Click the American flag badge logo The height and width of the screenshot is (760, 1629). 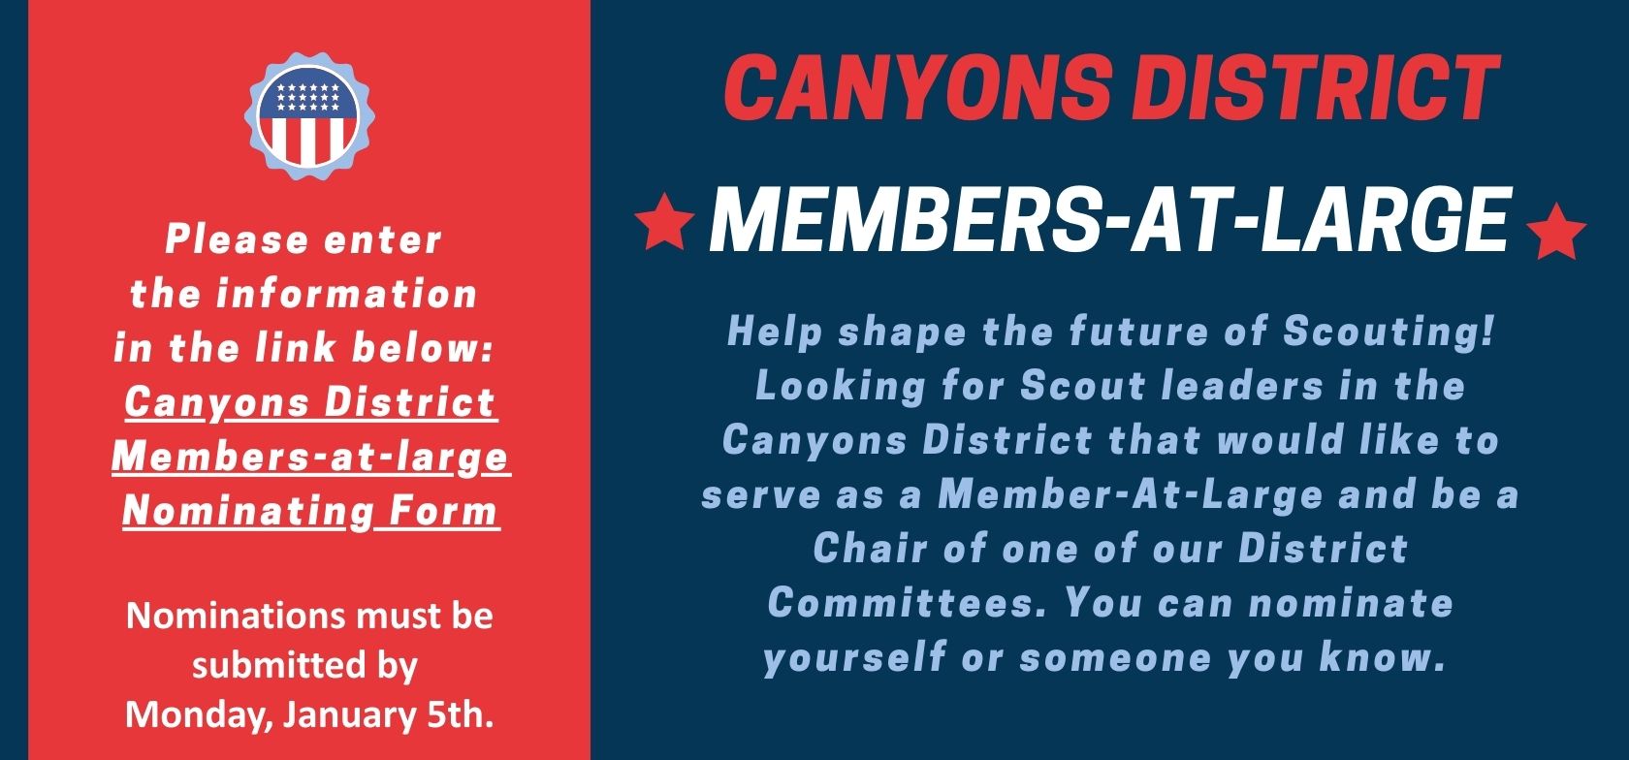tap(309, 116)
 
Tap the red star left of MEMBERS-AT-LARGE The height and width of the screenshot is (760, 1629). tap(664, 220)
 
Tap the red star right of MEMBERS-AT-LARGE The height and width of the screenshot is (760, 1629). tap(1556, 231)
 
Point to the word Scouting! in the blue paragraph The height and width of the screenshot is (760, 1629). tap(1388, 332)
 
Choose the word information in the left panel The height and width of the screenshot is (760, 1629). tap(346, 293)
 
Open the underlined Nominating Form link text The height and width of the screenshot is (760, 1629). tap(310, 510)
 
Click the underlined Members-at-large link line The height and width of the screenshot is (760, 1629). tap(310, 457)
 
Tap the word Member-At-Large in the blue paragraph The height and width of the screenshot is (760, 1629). tap(1131, 494)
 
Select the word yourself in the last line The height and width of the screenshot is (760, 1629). tap(855, 657)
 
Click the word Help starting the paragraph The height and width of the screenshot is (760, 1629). tap(776, 332)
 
